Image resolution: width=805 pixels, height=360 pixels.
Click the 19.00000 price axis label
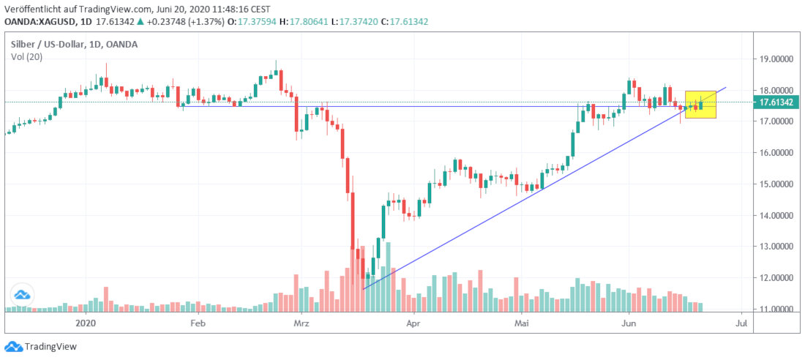click(778, 59)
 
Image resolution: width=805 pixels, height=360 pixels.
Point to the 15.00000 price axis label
click(778, 184)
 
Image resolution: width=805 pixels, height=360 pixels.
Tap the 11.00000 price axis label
click(778, 310)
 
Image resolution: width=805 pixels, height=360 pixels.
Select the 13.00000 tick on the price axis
click(778, 247)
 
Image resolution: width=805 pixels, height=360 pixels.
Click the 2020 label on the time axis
click(86, 322)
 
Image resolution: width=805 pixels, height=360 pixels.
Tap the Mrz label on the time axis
click(302, 322)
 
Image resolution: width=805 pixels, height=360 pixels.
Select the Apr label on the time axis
click(414, 322)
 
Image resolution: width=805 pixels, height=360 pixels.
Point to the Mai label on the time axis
click(521, 322)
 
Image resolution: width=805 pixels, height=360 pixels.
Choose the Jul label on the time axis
click(741, 322)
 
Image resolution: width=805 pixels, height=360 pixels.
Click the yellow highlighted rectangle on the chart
click(700, 105)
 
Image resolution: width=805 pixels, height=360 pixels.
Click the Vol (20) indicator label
click(24, 57)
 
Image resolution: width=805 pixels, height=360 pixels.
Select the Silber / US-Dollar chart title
click(73, 45)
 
